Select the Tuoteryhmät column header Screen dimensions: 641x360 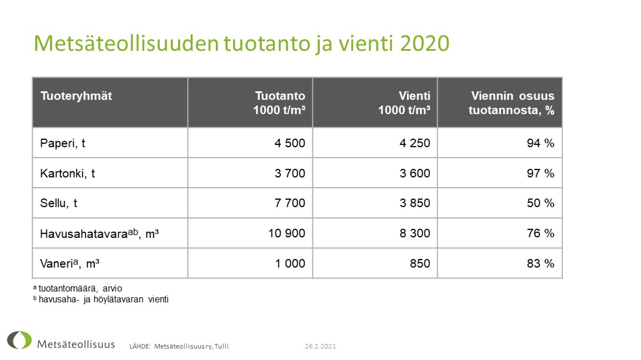76,96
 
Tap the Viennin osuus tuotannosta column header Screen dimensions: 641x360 511,103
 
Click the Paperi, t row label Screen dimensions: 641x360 63,143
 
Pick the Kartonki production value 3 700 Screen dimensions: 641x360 290,173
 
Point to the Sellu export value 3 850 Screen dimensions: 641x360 415,203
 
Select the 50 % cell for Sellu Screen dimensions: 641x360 541,203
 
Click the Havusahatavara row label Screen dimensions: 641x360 99,233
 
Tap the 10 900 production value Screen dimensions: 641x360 287,233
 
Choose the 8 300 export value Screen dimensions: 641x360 415,233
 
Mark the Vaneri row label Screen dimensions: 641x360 70,264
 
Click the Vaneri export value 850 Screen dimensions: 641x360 420,264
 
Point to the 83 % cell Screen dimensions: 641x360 541,264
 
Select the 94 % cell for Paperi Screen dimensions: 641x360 541,143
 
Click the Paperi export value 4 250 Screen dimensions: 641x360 415,143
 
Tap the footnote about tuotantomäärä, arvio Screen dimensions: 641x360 77,289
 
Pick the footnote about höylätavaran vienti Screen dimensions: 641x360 100,299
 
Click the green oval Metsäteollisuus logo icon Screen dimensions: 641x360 19,340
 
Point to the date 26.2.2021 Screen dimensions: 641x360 320,346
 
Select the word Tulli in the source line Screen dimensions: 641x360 221,346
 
